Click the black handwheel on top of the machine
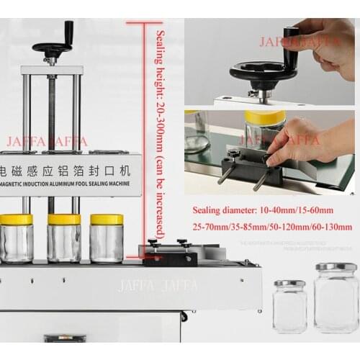point(52,48)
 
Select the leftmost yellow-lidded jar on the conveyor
point(16,238)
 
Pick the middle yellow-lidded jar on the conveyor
point(64,238)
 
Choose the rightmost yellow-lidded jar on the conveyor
point(107,238)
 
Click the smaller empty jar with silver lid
point(289,306)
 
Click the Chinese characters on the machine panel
point(68,172)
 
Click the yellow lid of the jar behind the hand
point(265,117)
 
